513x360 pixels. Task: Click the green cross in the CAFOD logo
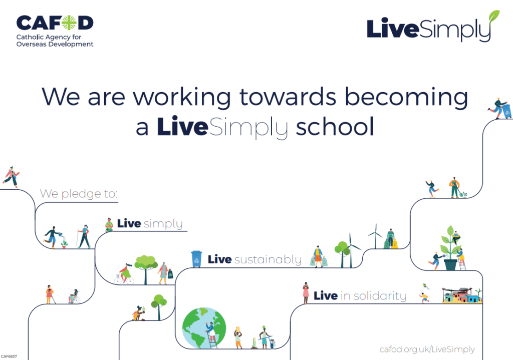[69, 23]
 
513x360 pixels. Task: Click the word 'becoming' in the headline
[406, 97]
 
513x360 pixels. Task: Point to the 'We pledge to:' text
[79, 194]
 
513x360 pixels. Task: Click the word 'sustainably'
[268, 260]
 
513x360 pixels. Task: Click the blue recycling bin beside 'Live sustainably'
[196, 259]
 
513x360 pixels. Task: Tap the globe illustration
[204, 327]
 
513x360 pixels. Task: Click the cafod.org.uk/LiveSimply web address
[427, 349]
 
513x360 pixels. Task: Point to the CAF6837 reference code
[9, 356]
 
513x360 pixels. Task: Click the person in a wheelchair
[74, 296]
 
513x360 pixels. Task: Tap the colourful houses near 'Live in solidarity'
[461, 295]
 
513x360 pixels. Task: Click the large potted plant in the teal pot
[450, 248]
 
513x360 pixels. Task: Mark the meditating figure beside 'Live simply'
[109, 225]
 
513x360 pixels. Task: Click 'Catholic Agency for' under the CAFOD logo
[49, 37]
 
